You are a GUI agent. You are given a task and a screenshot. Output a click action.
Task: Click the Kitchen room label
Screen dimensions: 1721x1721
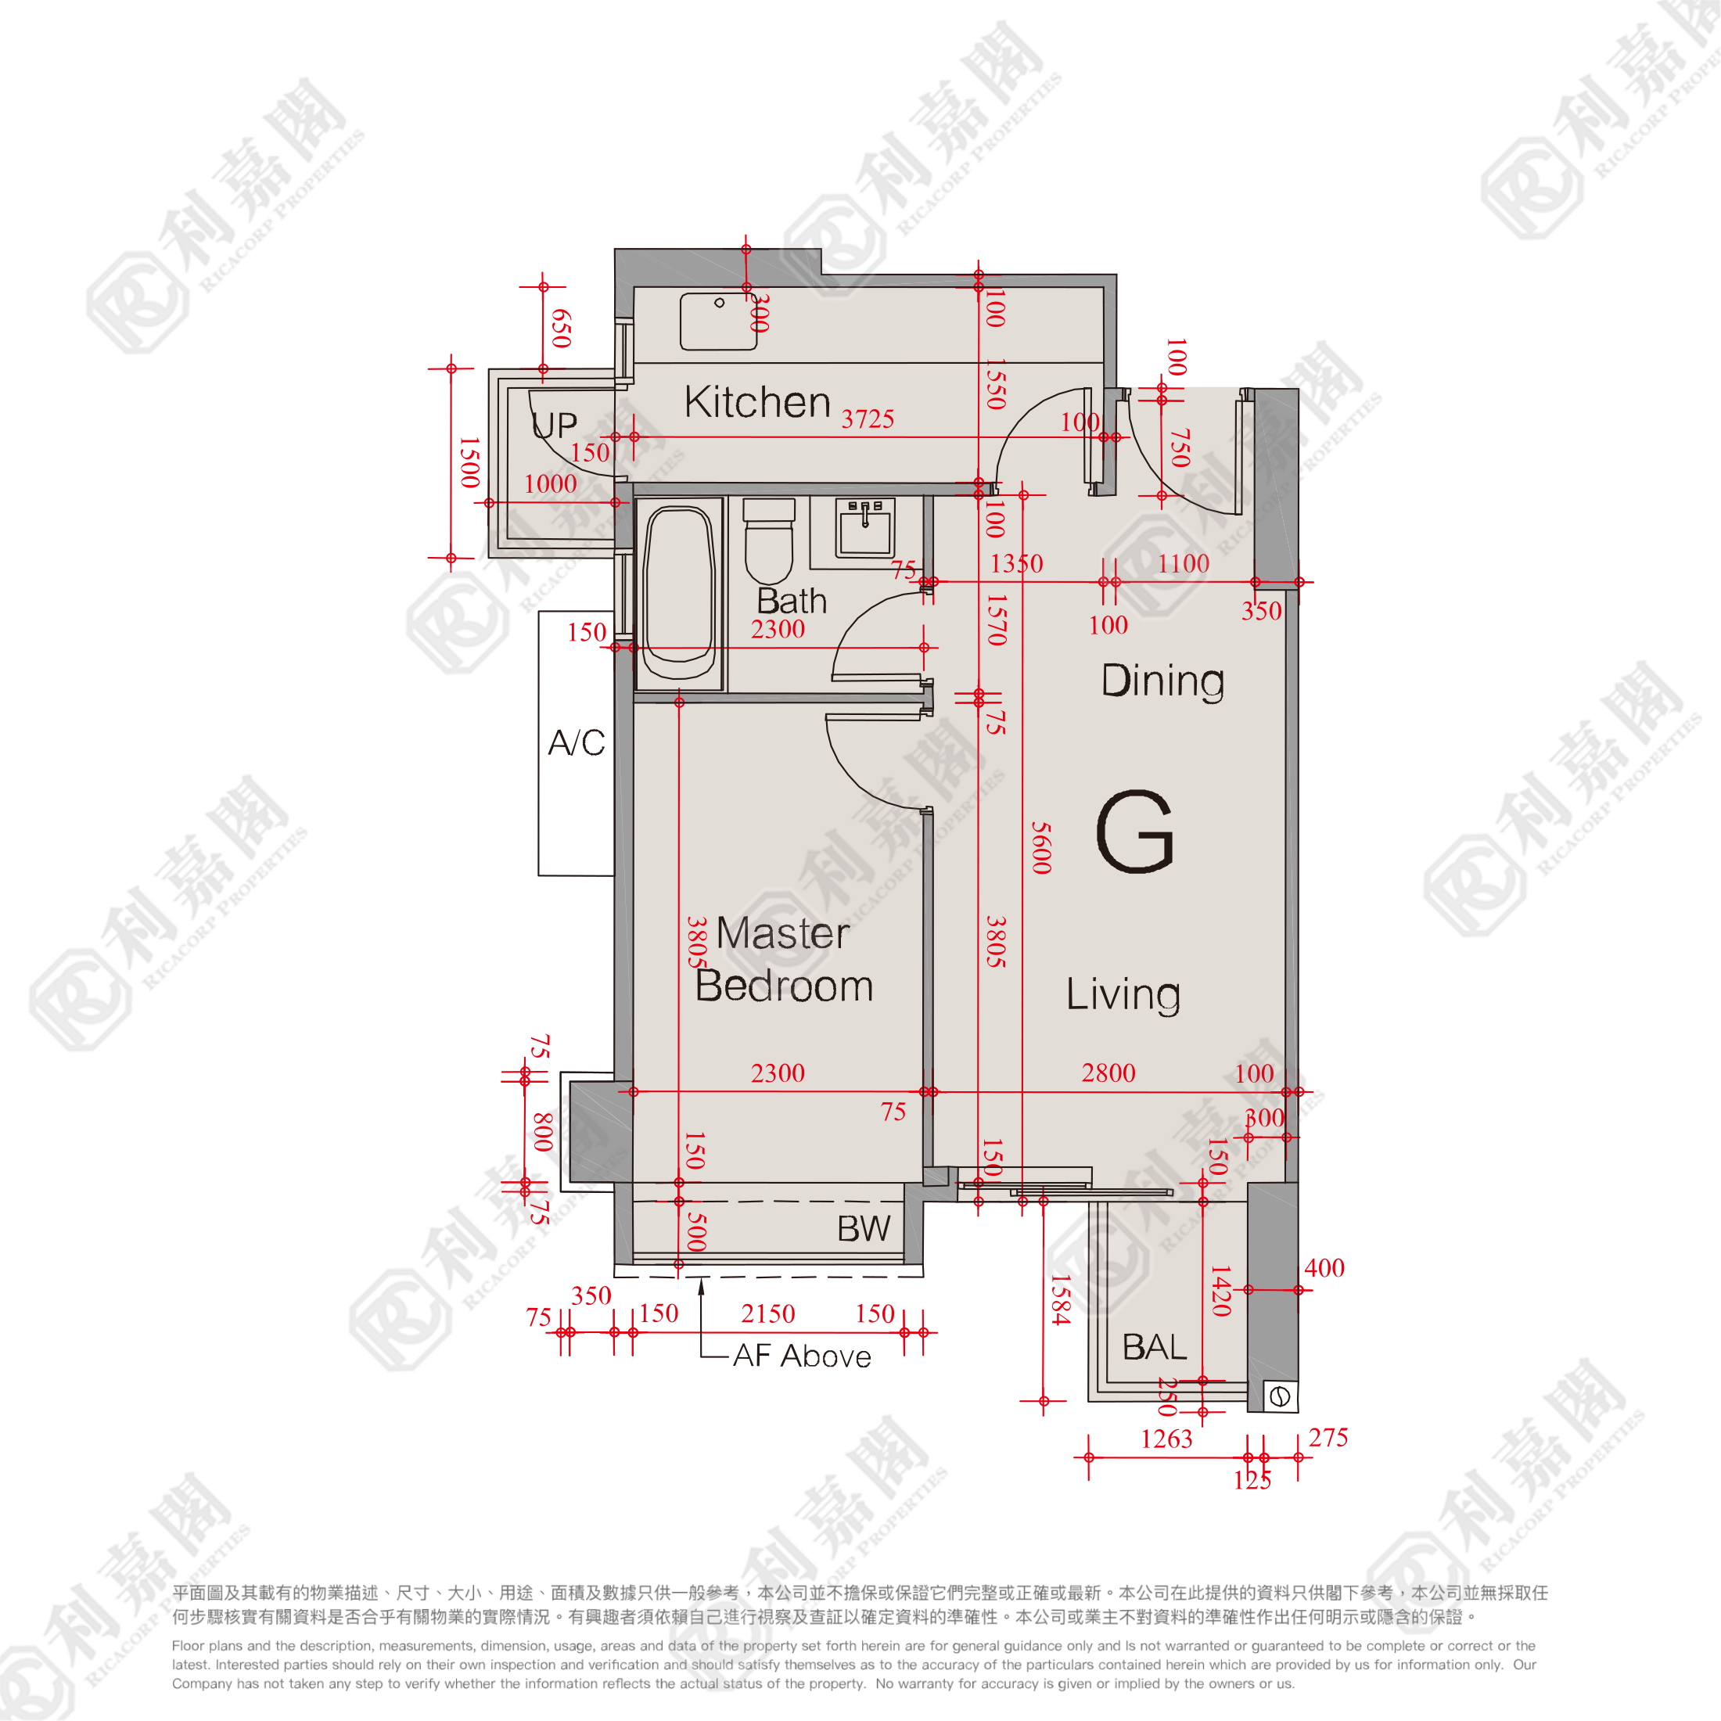(757, 402)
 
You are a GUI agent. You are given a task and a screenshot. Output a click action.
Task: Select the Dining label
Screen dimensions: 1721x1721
(1162, 681)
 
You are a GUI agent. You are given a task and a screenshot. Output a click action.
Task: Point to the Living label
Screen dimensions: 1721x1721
(1123, 994)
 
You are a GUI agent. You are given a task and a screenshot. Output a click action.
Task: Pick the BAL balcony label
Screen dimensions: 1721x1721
(1155, 1346)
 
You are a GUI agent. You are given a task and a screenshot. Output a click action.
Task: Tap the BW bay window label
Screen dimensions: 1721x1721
(863, 1229)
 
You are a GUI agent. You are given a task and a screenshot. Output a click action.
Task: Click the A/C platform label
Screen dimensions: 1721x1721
(577, 742)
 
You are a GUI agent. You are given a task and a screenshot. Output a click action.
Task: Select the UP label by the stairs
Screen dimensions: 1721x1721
(554, 425)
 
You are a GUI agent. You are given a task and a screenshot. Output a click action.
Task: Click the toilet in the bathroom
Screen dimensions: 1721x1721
(769, 541)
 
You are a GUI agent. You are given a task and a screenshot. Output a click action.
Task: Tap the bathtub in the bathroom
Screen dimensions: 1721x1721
(679, 593)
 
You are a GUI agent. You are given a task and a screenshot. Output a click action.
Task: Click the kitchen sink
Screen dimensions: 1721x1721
(718, 321)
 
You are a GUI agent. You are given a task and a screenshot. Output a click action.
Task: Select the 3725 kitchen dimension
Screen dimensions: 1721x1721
(868, 419)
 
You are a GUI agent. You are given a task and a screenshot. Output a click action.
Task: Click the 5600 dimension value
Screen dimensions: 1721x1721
(1041, 848)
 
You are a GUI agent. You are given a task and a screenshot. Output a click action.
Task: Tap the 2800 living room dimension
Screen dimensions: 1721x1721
(1108, 1072)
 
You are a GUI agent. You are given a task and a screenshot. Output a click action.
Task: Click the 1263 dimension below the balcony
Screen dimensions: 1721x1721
(1166, 1439)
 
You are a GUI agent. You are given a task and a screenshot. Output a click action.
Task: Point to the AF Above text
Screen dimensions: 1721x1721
(802, 1356)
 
